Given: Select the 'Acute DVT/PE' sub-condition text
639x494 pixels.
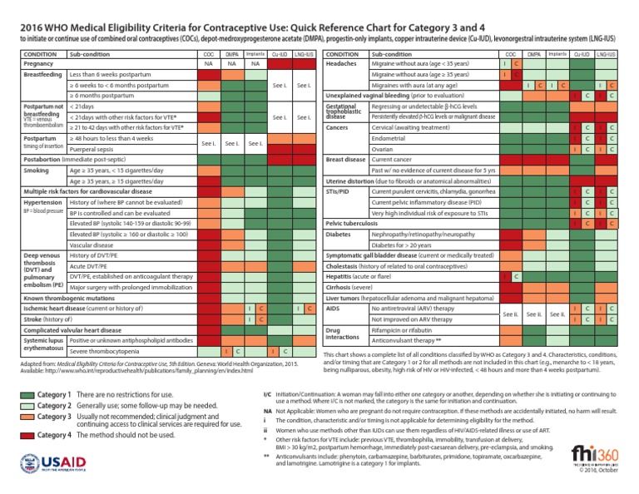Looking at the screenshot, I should [x=92, y=265].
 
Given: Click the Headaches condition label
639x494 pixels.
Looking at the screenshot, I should [x=343, y=63].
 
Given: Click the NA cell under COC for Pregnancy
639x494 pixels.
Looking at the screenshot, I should [x=207, y=63].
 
